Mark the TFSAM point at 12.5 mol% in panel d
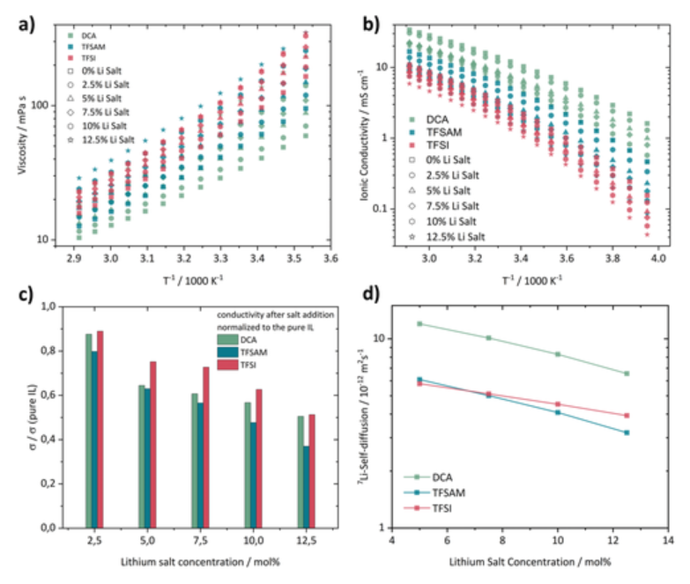(627, 432)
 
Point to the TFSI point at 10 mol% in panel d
(558, 404)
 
